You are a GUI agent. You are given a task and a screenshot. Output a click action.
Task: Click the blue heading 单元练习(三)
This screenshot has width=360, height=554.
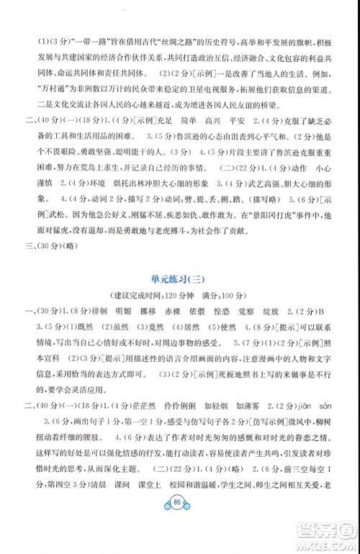[x=181, y=279]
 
